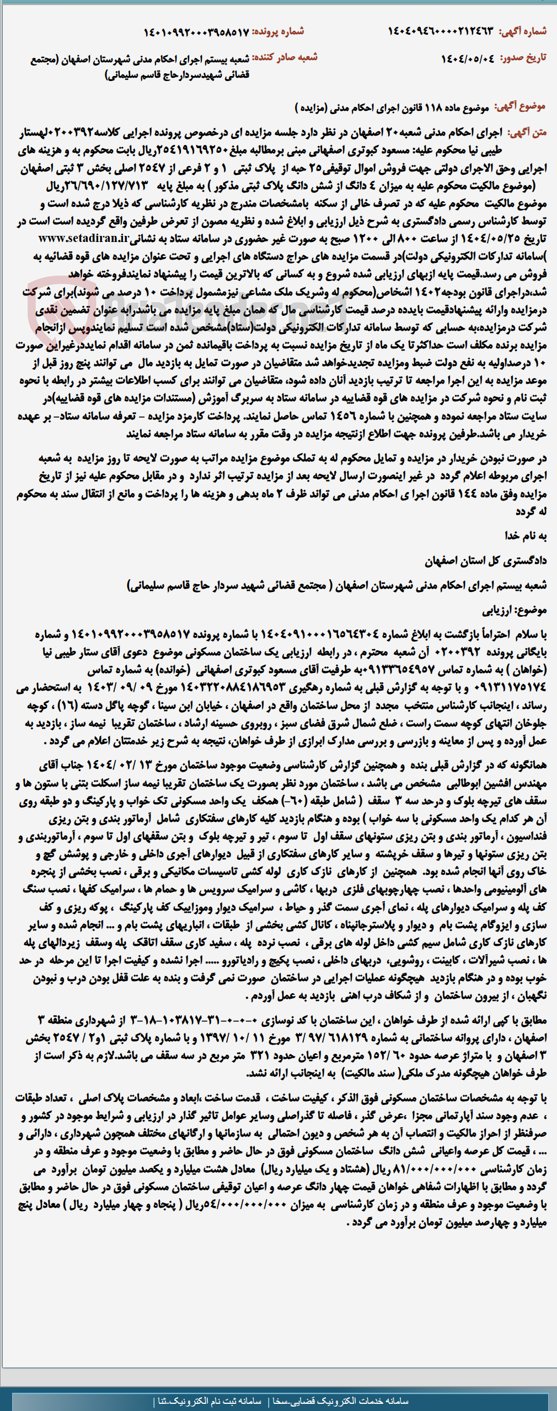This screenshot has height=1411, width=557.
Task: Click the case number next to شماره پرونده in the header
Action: (196, 32)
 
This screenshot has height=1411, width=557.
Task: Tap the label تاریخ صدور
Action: (523, 58)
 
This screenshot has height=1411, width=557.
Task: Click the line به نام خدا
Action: (526, 535)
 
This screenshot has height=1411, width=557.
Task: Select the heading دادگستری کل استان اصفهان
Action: (485, 561)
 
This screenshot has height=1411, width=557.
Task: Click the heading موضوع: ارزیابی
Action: (515, 610)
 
